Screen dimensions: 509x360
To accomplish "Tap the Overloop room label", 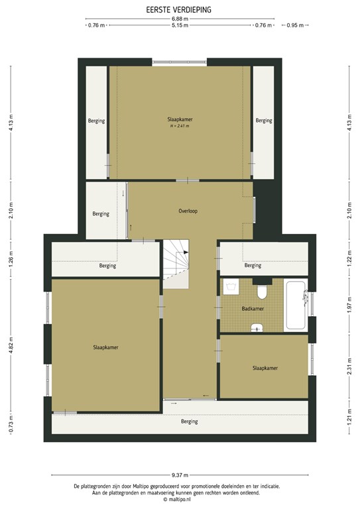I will tap(188, 211).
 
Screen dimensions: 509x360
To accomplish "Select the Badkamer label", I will tap(253, 309).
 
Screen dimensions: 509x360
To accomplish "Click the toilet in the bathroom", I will tap(263, 291).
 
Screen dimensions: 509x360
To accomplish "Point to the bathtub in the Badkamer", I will tap(295, 306).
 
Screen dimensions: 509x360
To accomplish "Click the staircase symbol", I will tap(177, 260).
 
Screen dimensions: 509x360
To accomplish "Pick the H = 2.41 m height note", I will tap(180, 126).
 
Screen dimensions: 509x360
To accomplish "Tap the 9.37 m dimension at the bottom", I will tap(180, 475).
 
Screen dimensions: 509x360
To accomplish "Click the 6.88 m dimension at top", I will tap(180, 19).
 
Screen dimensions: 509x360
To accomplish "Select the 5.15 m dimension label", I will tap(180, 26).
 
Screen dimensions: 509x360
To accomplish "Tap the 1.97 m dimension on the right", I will tap(349, 307).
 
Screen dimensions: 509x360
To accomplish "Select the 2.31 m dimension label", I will tap(349, 367).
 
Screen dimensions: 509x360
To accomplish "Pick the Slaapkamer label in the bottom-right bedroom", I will tap(265, 368).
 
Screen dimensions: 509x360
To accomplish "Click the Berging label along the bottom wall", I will tap(190, 422).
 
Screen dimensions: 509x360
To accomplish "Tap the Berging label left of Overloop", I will tap(101, 214).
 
